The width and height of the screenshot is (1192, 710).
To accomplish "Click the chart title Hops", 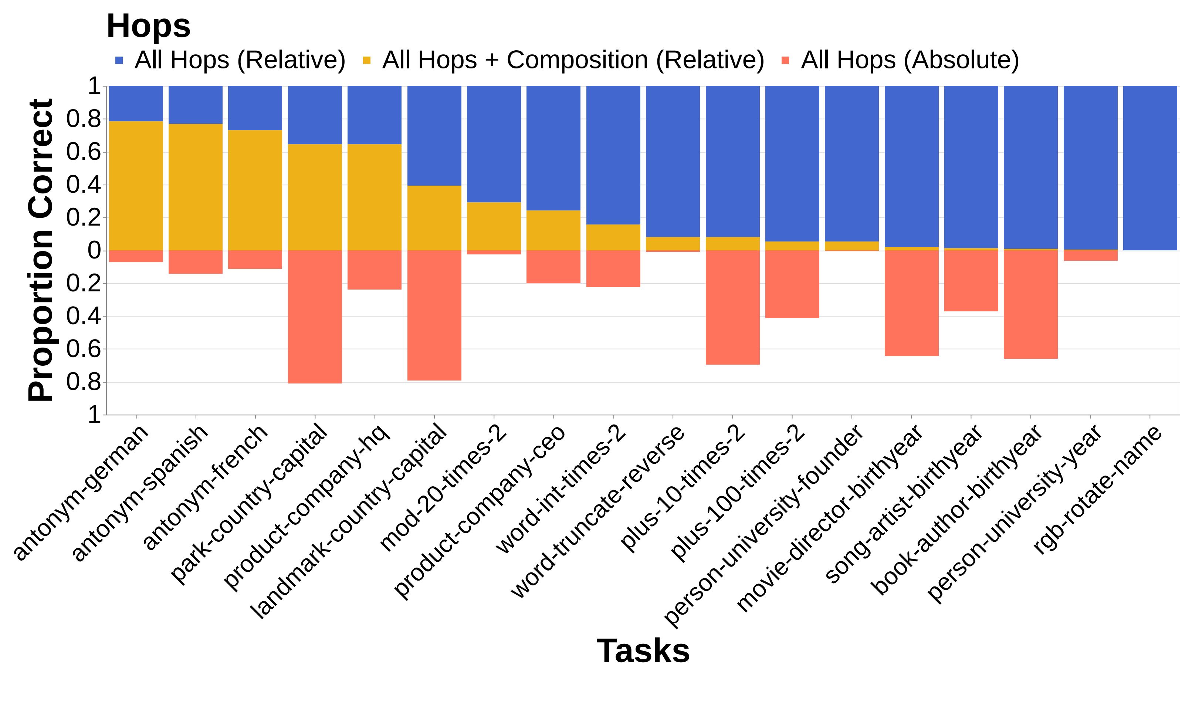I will pos(148,26).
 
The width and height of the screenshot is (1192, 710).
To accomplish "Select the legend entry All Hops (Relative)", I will pos(239,60).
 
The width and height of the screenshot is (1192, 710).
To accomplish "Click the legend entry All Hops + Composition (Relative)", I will pos(573,60).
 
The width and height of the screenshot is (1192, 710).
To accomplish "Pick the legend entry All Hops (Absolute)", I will pos(909,60).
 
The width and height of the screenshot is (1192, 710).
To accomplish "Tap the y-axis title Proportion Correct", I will pos(41,250).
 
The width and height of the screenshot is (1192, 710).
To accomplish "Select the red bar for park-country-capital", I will pos(315,317).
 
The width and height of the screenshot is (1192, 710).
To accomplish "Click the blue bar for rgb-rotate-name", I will pos(1150,168).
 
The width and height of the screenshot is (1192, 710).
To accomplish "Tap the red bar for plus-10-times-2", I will pos(732,307).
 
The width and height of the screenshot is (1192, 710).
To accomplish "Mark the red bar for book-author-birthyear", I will pos(1030,304).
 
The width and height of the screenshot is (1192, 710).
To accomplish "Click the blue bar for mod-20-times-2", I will pos(494,143).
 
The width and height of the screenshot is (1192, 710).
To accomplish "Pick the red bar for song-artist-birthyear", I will pos(971,281).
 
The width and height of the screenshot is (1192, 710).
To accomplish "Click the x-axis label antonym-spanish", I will pos(141,493).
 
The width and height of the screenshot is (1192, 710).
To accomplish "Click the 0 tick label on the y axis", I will pos(94,250).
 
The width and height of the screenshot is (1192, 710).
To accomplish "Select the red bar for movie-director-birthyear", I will pos(911,303).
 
